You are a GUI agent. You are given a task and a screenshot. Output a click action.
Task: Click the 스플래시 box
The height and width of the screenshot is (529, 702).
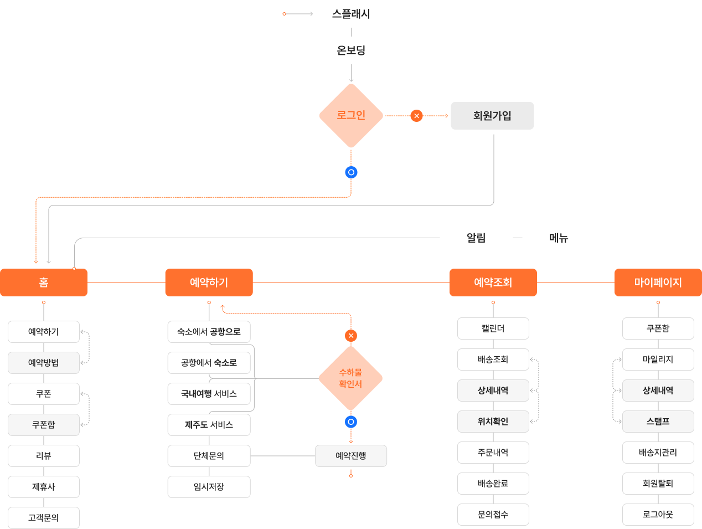click(351, 14)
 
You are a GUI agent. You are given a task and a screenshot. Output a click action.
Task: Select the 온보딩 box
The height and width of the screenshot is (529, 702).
click(351, 50)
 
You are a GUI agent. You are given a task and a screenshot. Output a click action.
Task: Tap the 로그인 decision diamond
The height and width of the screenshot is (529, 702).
click(351, 115)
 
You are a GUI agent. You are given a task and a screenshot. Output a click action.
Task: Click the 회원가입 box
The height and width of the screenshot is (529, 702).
click(492, 116)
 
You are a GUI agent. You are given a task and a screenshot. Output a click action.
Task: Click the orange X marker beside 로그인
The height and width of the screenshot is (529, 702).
click(416, 116)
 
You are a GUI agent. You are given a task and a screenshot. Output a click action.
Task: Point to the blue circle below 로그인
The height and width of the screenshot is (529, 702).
click(351, 172)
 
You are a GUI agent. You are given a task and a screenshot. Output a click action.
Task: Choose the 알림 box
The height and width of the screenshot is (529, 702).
click(476, 238)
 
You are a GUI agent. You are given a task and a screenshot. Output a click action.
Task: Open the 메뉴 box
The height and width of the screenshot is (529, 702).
click(559, 238)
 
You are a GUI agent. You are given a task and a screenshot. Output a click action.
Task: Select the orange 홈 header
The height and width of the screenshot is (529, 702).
click(44, 283)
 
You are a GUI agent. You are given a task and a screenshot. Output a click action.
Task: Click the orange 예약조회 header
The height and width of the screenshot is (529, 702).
click(493, 283)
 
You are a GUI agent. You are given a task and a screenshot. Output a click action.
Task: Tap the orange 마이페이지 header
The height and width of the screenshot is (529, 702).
click(658, 283)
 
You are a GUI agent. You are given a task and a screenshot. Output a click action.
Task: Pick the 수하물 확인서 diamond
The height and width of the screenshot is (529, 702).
click(350, 378)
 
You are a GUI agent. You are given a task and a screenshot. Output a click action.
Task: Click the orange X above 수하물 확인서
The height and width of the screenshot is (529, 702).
click(350, 336)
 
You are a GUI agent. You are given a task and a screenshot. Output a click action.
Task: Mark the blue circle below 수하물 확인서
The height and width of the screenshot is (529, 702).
click(350, 422)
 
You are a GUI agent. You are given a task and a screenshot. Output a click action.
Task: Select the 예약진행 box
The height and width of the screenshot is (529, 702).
click(351, 456)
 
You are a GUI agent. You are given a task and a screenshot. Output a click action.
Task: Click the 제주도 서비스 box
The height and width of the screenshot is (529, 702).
click(209, 425)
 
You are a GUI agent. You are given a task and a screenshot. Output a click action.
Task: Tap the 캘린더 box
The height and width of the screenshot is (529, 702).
click(493, 328)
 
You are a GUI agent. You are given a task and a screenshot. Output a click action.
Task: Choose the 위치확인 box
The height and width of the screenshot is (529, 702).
click(493, 422)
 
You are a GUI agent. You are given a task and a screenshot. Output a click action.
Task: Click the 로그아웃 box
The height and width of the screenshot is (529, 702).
click(658, 515)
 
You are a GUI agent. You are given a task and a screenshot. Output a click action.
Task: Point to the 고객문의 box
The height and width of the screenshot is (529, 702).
click(44, 518)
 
